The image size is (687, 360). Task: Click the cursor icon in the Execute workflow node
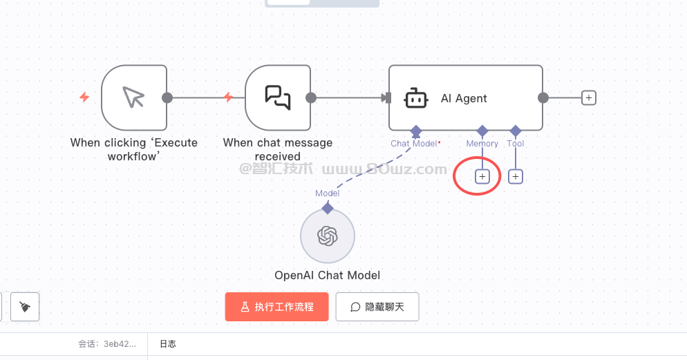tap(133, 97)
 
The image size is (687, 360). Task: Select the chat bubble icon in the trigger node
tap(278, 97)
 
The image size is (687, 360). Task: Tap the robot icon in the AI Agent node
tap(415, 98)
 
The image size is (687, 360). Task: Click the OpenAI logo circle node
tap(327, 236)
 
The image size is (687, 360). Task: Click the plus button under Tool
tap(515, 176)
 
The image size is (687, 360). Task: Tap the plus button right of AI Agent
tap(588, 97)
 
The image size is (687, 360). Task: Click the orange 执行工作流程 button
tap(276, 307)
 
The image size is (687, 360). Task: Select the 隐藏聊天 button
tap(377, 307)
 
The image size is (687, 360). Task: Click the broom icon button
tap(25, 307)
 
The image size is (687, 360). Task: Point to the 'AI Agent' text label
tap(464, 98)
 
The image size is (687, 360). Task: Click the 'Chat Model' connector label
tap(414, 144)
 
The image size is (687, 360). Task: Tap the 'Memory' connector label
tap(482, 144)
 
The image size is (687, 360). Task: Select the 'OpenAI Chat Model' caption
tap(327, 275)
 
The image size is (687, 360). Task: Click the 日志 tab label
tap(168, 343)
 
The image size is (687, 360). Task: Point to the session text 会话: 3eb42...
tap(107, 343)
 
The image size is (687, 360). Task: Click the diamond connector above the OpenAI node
tap(328, 207)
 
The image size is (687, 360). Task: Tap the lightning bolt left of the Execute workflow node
tap(84, 97)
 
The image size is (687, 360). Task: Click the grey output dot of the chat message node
tap(311, 97)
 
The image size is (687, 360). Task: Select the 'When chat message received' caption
tap(278, 149)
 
